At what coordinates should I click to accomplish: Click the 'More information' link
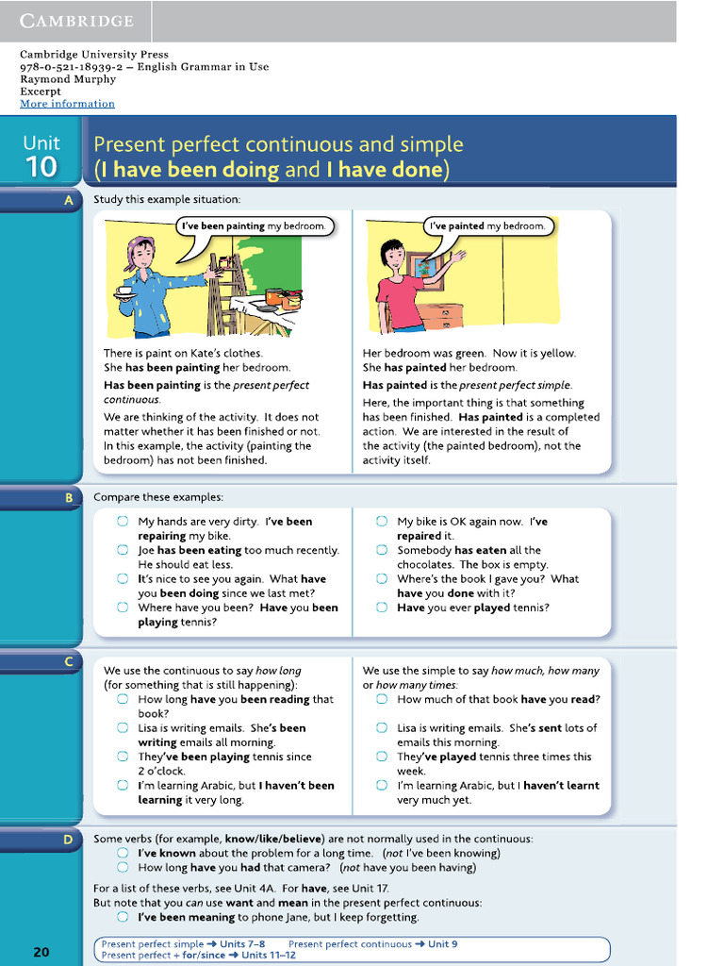(x=67, y=104)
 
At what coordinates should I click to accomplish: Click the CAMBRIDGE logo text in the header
(x=76, y=21)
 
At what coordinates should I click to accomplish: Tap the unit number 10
(x=41, y=167)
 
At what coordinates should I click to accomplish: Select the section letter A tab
(x=68, y=200)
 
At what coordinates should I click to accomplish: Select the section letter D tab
(x=68, y=839)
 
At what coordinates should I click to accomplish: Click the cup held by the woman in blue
(x=124, y=291)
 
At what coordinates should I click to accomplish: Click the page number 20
(x=41, y=952)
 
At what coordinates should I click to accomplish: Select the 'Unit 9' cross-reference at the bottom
(x=443, y=943)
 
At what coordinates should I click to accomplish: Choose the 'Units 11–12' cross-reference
(x=269, y=955)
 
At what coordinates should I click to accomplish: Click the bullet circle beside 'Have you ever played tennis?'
(x=382, y=608)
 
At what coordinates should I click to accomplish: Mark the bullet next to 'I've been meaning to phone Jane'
(x=123, y=917)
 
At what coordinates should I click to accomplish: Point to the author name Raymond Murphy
(x=68, y=79)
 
